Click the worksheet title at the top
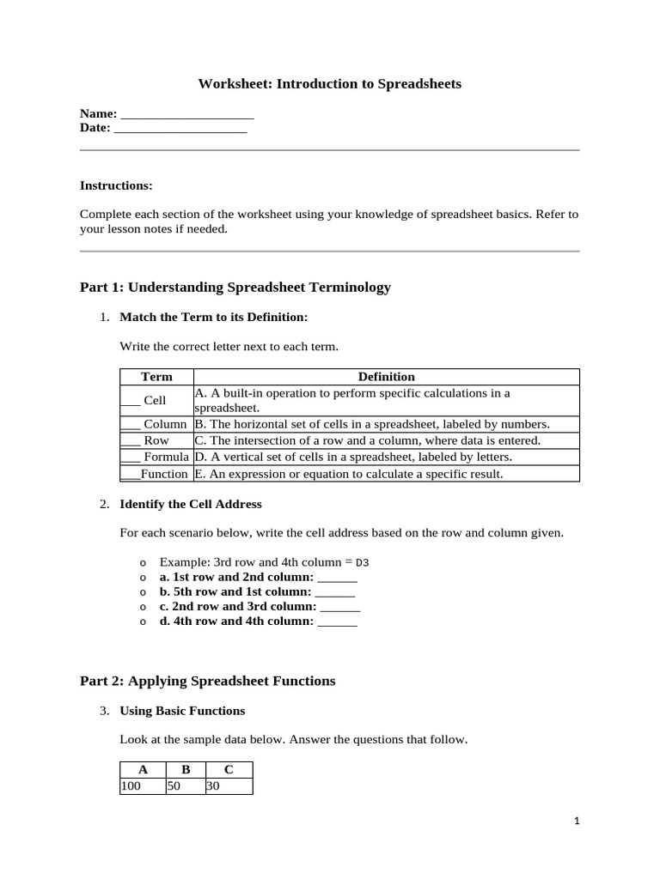(x=330, y=83)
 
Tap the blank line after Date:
(x=180, y=129)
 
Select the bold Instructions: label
(x=116, y=185)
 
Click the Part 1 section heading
(x=235, y=287)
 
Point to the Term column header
(x=156, y=377)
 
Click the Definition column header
(x=386, y=377)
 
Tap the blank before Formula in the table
(x=130, y=458)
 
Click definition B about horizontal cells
(x=371, y=424)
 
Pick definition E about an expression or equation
(x=349, y=474)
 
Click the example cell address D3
(x=362, y=563)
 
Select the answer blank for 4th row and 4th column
(x=337, y=622)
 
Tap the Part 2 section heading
(x=207, y=681)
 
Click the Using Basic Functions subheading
(x=182, y=711)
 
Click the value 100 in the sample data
(x=131, y=785)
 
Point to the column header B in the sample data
(x=185, y=770)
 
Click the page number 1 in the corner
(x=577, y=821)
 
